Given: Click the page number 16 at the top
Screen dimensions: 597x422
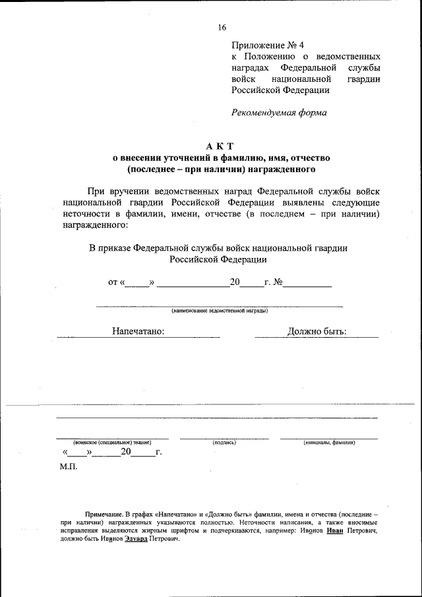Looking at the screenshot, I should [x=222, y=27].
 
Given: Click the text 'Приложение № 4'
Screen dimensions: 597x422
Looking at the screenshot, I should [x=268, y=46].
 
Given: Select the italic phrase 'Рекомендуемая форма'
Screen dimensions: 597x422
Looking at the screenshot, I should [x=279, y=112].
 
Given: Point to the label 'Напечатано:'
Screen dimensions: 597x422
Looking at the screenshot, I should [x=138, y=331].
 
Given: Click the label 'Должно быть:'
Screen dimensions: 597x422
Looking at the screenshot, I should [x=317, y=331].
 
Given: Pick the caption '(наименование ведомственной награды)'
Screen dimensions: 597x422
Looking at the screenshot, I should [x=220, y=310].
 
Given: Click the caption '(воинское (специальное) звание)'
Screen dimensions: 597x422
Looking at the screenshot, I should [x=112, y=443].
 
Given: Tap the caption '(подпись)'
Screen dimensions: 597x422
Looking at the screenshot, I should [x=224, y=443].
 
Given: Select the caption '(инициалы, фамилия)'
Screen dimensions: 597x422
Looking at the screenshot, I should [x=329, y=443].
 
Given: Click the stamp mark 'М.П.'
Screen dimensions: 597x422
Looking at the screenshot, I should [x=69, y=467].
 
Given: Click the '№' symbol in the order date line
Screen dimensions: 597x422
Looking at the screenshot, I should [x=278, y=282].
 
